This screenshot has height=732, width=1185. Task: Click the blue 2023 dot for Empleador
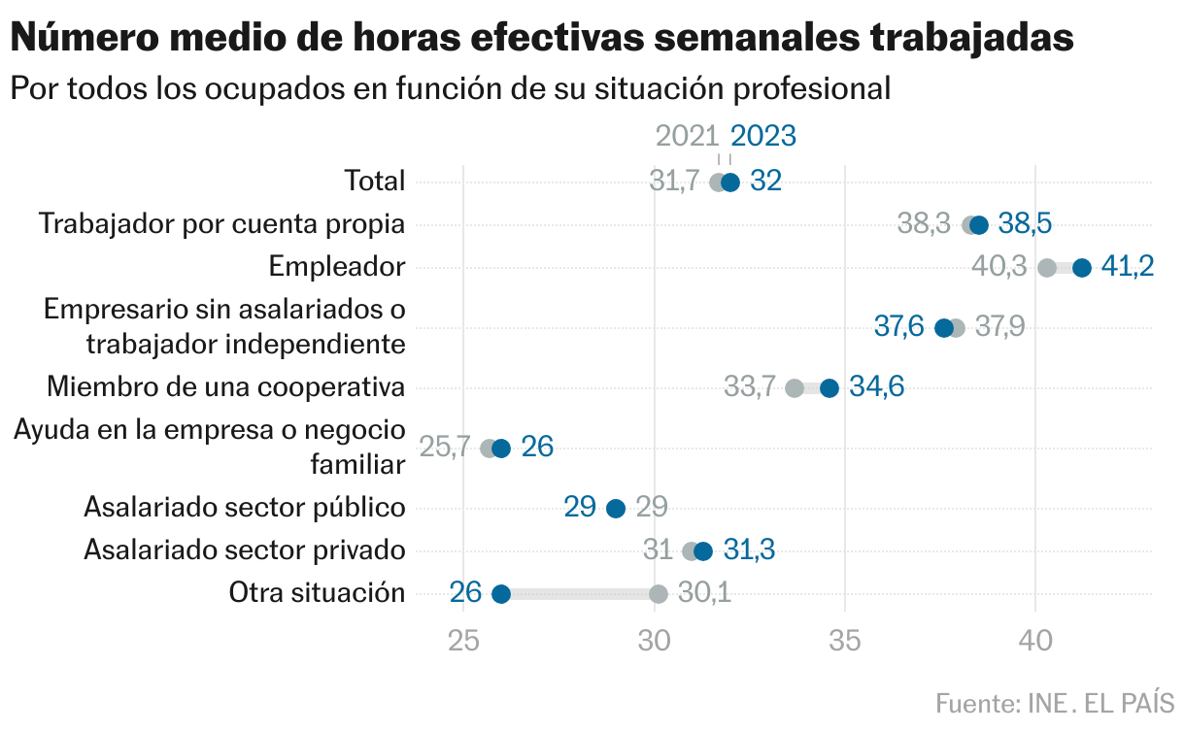click(1082, 268)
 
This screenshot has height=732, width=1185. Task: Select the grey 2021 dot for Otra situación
click(659, 594)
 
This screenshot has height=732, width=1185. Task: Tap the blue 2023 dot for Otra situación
click(501, 594)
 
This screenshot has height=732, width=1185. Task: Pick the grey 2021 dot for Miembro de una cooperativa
click(795, 388)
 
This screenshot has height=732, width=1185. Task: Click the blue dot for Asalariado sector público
click(616, 509)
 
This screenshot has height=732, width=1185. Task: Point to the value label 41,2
click(1128, 268)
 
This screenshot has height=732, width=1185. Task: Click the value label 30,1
click(704, 594)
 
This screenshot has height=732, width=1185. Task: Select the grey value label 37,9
click(999, 327)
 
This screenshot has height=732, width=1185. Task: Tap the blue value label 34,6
click(876, 388)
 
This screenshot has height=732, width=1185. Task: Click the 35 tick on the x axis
click(845, 642)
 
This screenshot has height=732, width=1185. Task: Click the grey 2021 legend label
click(687, 136)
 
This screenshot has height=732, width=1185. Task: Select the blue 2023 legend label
click(763, 136)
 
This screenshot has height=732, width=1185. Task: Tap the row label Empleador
click(336, 266)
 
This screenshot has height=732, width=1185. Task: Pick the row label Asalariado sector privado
click(244, 550)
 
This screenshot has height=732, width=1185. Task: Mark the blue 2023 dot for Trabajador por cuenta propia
click(979, 225)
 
